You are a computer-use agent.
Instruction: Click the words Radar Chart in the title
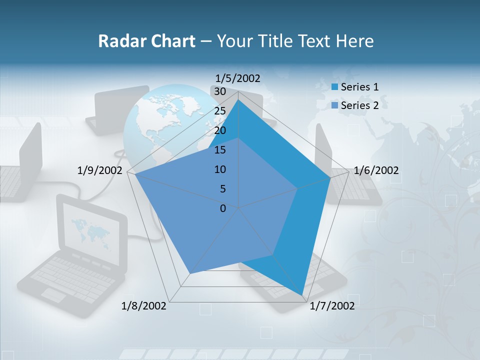146,41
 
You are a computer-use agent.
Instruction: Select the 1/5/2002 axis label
237,78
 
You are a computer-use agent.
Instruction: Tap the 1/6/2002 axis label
376,170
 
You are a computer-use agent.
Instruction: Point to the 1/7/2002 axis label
332,306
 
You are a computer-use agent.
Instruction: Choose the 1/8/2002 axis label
144,306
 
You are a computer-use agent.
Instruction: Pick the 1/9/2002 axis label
100,170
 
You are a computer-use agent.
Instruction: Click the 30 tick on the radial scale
219,91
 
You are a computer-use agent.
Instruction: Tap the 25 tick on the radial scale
219,111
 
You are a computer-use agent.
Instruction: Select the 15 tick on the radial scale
219,150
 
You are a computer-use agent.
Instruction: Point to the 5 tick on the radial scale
222,189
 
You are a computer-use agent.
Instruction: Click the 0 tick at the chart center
223,208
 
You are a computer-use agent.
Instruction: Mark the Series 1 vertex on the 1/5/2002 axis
238,100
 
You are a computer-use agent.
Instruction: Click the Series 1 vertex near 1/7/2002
301,295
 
